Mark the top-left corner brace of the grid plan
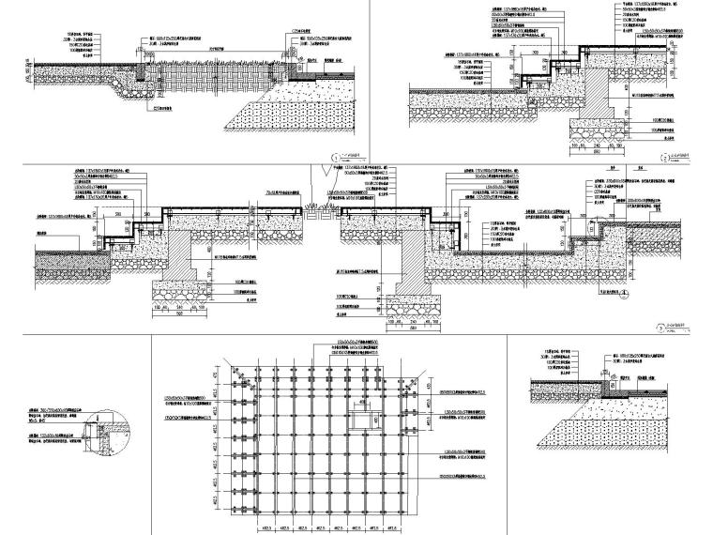pos(246,377)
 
